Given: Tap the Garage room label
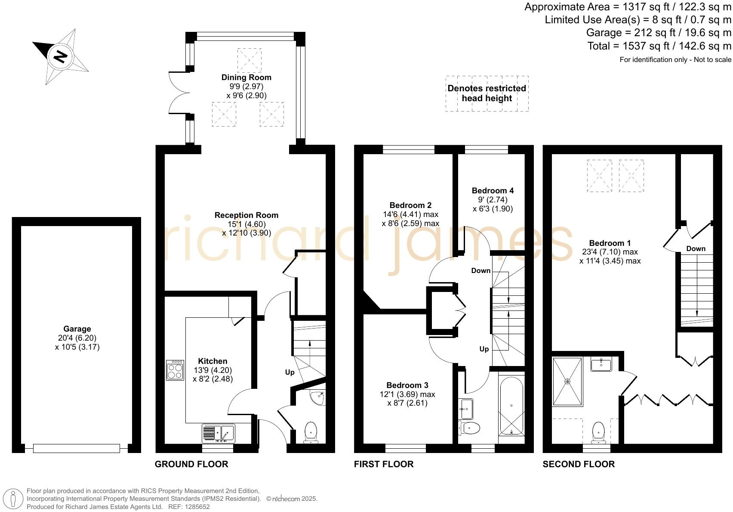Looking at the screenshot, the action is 77,329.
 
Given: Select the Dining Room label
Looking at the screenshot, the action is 246,78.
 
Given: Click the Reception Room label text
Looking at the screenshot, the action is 246,215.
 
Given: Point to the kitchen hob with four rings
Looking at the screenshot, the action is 175,370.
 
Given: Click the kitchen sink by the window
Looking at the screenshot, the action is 218,433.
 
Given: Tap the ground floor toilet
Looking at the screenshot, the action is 311,432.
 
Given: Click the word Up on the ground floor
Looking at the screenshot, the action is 290,372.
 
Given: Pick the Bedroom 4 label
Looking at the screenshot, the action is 493,191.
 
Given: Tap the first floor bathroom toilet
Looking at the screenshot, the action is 469,428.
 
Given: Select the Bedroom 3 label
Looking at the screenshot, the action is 407,385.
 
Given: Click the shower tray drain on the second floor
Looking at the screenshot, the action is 567,382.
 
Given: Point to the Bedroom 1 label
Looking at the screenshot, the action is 610,243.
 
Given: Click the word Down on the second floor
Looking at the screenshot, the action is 696,248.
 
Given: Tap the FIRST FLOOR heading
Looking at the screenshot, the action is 384,464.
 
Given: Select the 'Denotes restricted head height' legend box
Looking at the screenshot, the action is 487,94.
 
